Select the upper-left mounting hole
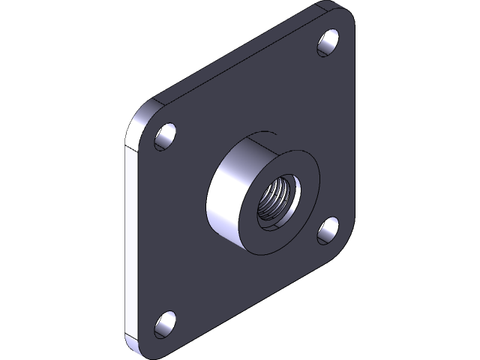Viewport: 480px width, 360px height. pyautogui.click(x=166, y=136)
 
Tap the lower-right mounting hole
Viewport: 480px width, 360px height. pyautogui.click(x=328, y=229)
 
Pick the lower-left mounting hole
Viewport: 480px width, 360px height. pyautogui.click(x=166, y=323)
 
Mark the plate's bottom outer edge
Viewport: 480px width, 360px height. pyautogui.click(x=247, y=300)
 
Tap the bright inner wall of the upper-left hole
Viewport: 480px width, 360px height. pyautogui.click(x=162, y=140)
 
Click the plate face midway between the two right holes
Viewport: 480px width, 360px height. pyautogui.click(x=334, y=135)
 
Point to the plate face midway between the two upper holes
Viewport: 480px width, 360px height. pyautogui.click(x=247, y=89)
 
